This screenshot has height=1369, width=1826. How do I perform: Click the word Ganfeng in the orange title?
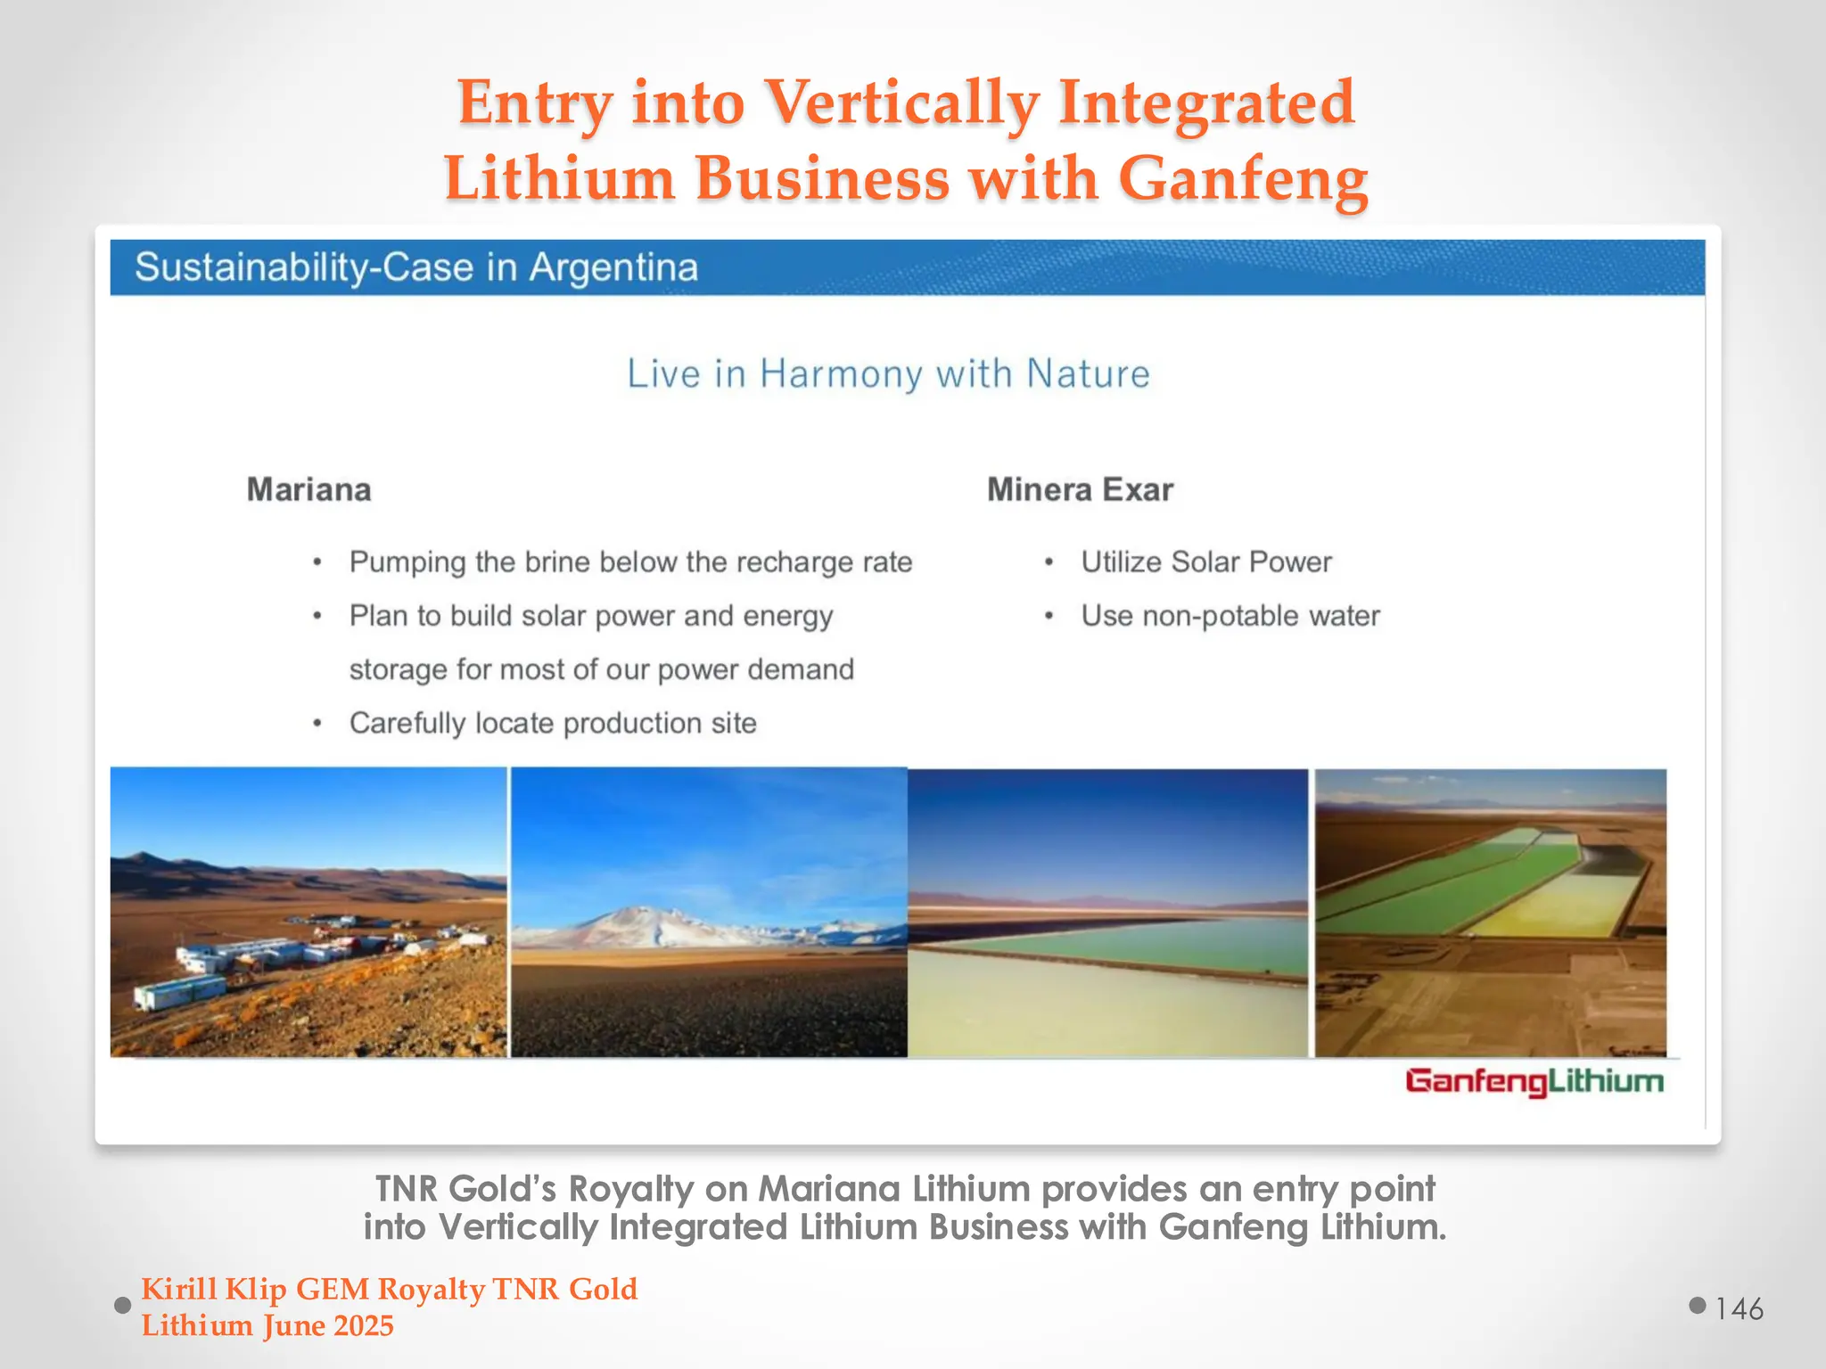coord(1243,178)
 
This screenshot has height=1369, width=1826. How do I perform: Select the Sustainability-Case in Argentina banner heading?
coord(416,267)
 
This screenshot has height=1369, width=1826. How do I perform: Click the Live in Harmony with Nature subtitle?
coord(888,373)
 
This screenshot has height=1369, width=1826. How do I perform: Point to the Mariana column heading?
coord(308,489)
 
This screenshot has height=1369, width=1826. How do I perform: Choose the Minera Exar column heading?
coord(1080,489)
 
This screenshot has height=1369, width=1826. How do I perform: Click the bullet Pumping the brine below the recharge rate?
coord(630,562)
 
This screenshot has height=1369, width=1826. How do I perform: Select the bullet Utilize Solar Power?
coord(1205,562)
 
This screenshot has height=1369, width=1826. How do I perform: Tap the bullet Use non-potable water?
coord(1230,616)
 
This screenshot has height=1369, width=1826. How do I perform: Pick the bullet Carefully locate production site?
coord(553,723)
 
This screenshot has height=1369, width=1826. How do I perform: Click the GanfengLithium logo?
coord(1534,1082)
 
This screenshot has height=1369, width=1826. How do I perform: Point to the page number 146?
coord(1739,1308)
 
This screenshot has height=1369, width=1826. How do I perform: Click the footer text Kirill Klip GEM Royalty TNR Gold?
coord(389,1289)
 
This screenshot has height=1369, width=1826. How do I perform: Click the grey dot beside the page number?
coord(1698,1306)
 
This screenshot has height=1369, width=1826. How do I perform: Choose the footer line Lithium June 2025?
coord(267,1326)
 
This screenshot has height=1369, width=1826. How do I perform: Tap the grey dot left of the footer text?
coord(123,1306)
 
